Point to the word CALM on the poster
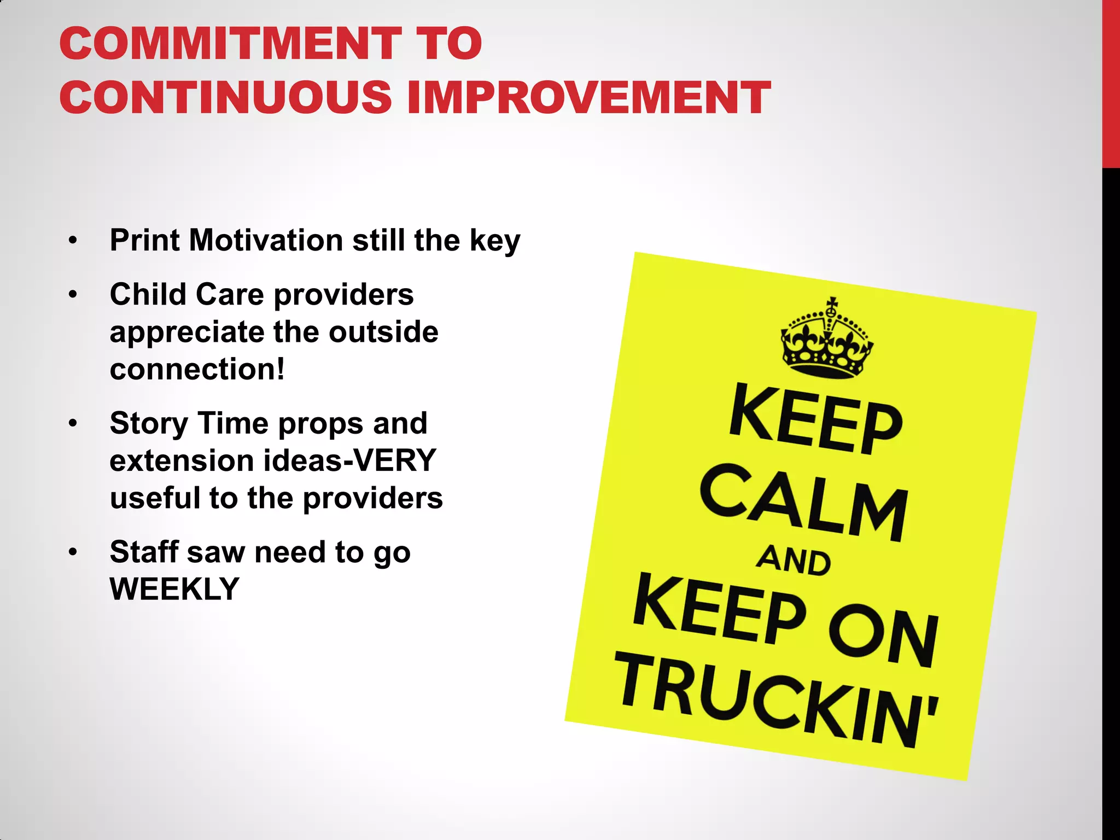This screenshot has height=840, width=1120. [x=804, y=503]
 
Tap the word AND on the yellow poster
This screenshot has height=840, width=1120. [x=794, y=561]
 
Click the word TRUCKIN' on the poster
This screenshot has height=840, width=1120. [x=777, y=700]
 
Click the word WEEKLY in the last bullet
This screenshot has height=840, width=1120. [x=174, y=590]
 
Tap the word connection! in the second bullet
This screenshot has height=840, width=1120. [x=197, y=369]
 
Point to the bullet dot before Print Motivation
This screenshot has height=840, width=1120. [x=73, y=241]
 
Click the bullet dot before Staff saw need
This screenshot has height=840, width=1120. [x=73, y=552]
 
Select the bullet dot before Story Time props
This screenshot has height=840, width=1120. [x=73, y=424]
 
